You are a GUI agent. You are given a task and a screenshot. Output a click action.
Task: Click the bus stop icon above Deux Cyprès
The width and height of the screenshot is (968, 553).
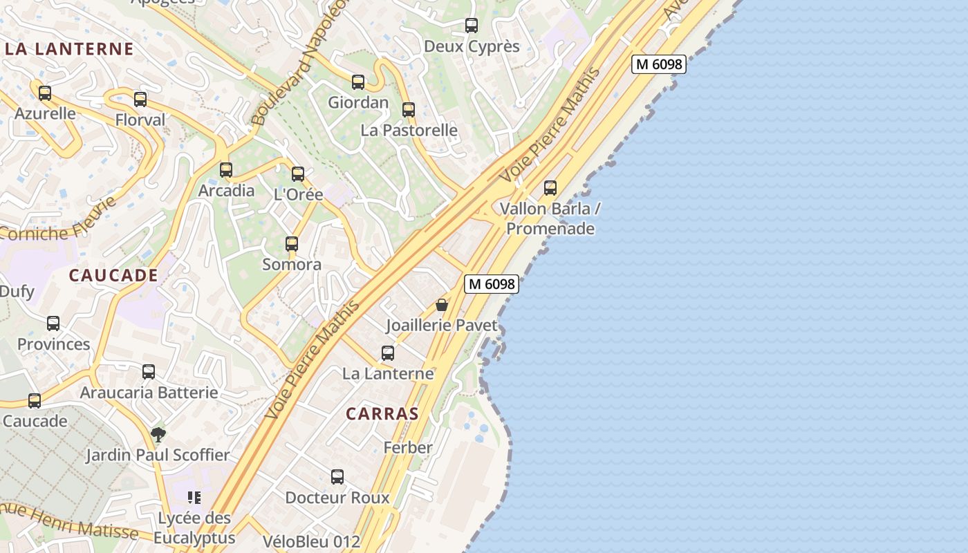472,26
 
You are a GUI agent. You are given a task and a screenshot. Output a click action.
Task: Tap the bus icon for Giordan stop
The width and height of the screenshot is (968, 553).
358,82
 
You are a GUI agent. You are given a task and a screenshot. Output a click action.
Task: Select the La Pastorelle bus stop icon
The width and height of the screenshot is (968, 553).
409,110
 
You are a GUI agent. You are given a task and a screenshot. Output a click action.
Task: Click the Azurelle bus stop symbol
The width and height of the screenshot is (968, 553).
45,93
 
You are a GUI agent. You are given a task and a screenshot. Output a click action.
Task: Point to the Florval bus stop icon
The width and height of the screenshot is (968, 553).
140,100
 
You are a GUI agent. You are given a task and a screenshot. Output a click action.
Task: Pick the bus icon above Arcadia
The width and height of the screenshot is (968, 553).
226,170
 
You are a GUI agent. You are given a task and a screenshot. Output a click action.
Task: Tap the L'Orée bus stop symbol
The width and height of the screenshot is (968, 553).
298,174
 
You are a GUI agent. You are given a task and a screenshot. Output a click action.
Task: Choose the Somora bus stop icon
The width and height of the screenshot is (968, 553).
292,244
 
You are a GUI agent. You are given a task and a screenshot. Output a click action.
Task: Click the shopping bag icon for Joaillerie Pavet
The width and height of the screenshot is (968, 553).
442,305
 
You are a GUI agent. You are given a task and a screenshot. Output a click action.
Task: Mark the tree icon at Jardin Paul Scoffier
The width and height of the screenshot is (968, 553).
158,435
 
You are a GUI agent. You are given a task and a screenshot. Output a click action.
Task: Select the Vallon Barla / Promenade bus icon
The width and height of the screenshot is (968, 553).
550,188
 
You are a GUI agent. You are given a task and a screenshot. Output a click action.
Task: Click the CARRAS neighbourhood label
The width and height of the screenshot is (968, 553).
382,414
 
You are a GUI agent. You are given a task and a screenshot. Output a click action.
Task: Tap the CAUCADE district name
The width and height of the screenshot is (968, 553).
113,275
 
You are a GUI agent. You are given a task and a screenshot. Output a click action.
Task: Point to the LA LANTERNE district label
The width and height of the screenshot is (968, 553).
69,49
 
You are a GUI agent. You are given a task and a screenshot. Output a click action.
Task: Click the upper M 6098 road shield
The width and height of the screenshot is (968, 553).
658,64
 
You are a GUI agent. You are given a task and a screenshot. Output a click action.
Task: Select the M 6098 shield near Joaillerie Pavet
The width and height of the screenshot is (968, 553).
491,283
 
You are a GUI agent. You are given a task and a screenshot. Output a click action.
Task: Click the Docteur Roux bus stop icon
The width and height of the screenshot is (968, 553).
337,477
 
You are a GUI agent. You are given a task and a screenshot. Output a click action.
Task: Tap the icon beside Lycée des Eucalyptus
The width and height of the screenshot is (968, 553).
194,498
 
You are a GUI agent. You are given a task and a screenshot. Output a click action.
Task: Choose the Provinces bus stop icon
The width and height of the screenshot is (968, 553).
53,324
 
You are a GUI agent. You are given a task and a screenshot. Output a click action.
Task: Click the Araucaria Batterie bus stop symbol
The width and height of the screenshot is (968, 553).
149,372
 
